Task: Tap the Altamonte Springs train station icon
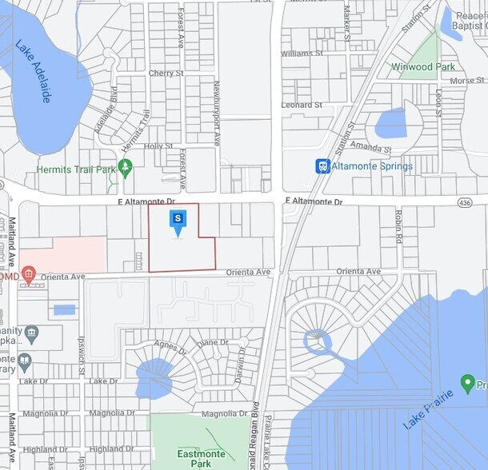(x=322, y=166)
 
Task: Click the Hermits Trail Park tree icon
(x=124, y=169)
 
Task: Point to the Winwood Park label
(x=422, y=67)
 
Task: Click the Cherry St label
(x=166, y=74)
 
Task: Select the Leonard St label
(x=301, y=105)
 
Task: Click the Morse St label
(x=467, y=81)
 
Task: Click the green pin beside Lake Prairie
(x=468, y=383)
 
